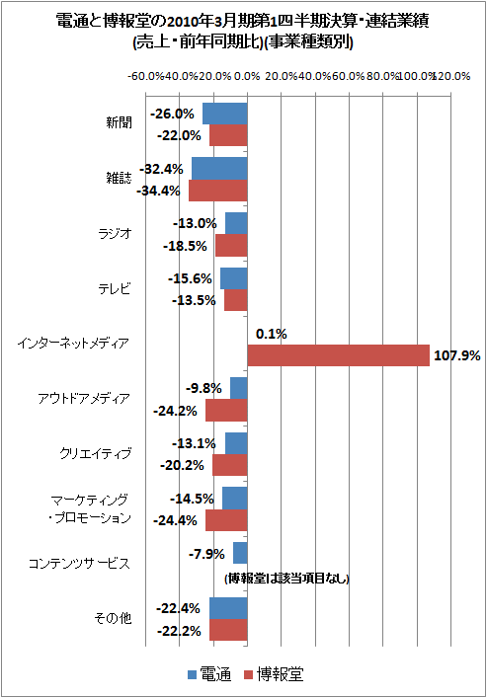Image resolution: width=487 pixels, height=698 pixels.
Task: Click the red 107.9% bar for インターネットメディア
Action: pos(338,355)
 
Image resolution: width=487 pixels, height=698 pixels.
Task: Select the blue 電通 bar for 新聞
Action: pos(224,113)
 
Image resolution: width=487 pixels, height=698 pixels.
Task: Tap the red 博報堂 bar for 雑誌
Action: pos(217,190)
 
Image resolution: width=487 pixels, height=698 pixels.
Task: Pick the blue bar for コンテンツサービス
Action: pos(240,553)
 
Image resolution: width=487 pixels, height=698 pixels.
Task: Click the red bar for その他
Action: pos(228,630)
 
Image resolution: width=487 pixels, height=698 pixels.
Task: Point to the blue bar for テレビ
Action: pos(233,278)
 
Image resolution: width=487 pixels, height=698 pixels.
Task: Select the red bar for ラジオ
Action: pos(231,245)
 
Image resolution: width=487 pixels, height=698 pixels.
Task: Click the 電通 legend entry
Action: pos(209,675)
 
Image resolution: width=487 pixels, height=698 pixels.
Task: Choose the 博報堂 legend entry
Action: pos(273,675)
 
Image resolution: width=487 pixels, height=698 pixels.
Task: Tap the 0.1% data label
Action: pos(271,334)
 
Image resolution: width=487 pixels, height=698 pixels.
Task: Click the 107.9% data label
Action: pos(456,355)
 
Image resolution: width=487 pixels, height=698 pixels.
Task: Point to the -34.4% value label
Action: pos(159,191)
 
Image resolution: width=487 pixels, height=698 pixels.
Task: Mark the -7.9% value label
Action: pos(206,554)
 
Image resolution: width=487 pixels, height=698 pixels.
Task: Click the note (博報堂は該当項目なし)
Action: pos(286,578)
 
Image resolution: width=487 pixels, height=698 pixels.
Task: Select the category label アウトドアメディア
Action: pos(84,399)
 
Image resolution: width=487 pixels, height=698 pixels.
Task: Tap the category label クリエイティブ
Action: pos(96,453)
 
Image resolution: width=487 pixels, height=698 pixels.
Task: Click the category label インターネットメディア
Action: pos(73,344)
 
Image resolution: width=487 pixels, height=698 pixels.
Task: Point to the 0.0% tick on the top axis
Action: pos(247,76)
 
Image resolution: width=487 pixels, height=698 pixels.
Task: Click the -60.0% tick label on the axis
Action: pos(146,76)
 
